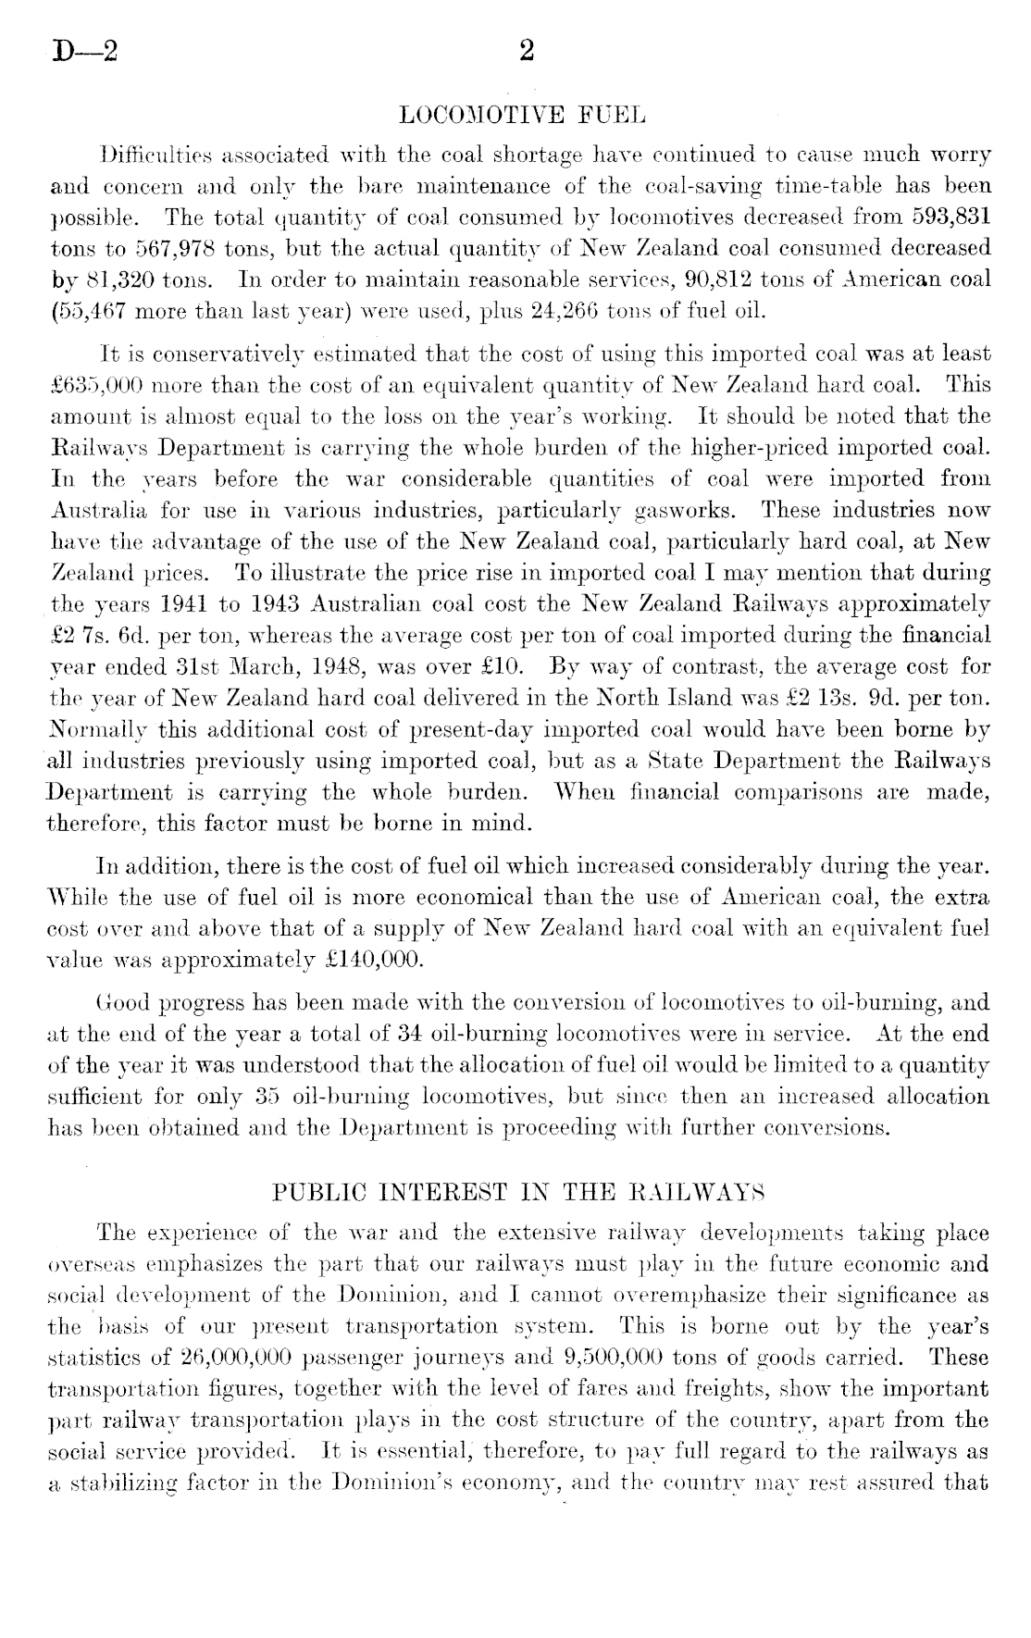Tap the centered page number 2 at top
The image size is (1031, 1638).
point(528,52)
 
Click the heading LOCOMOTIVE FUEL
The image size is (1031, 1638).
point(520,117)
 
